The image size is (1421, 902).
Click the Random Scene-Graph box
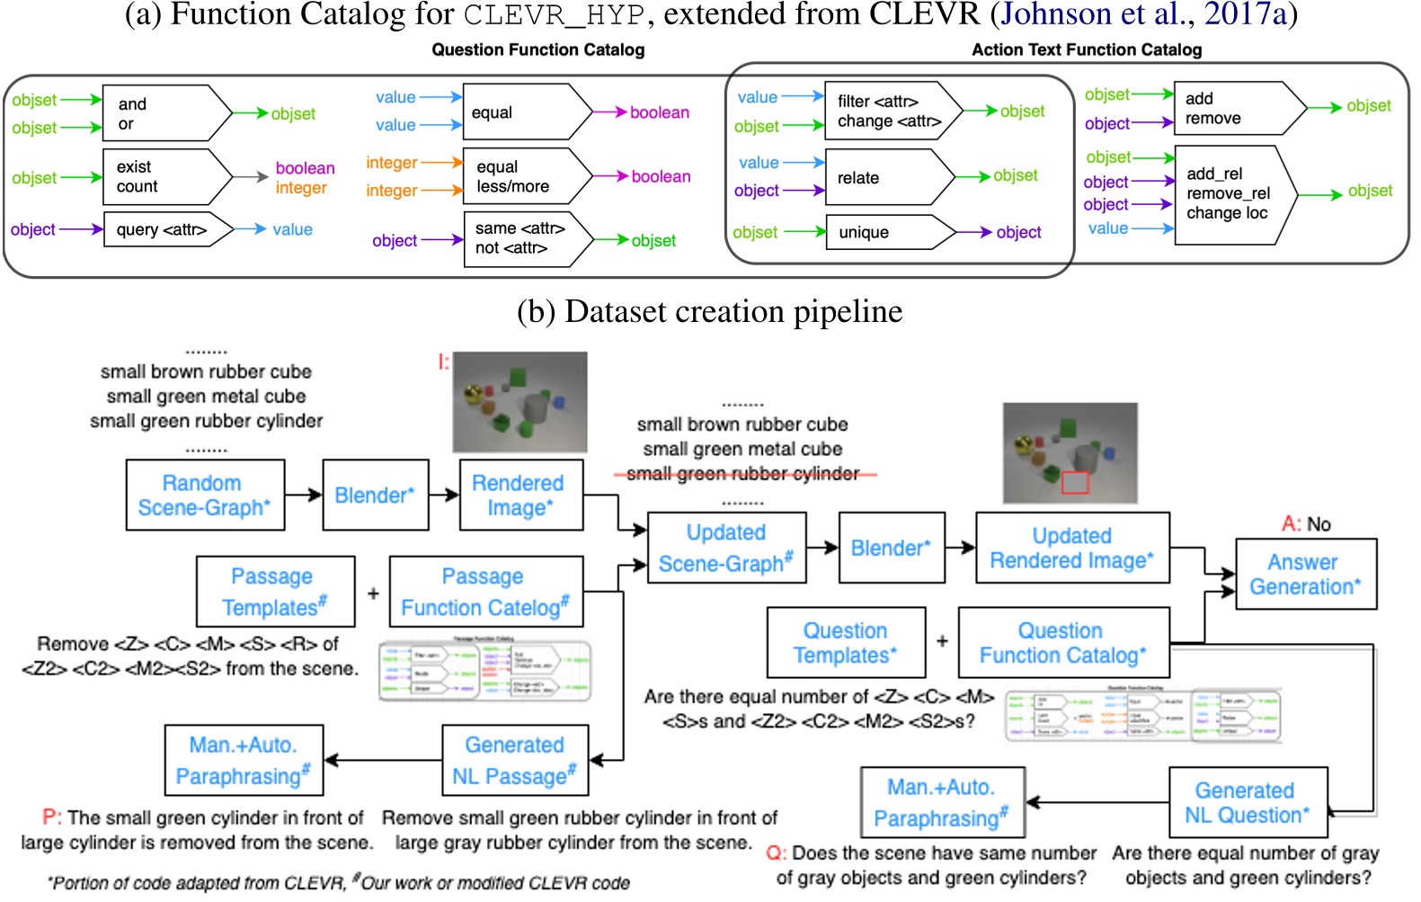point(205,495)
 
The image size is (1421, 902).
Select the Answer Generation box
point(1305,574)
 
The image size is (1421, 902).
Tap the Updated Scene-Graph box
point(726,548)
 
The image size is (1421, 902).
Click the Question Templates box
point(845,642)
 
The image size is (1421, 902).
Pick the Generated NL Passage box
point(514,760)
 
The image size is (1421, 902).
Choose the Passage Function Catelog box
point(484,591)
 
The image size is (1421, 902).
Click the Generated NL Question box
point(1247,802)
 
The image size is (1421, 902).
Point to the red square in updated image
point(1075,482)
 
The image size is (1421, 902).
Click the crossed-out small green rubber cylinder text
point(742,473)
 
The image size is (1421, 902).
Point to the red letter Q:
point(776,853)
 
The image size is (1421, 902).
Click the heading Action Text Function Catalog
point(1086,50)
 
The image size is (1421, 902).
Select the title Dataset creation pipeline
point(709,311)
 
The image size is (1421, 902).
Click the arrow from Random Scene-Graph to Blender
point(304,495)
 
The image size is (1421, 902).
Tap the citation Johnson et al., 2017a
point(1145,14)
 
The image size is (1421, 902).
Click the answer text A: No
point(1305,523)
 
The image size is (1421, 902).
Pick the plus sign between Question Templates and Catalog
point(942,641)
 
